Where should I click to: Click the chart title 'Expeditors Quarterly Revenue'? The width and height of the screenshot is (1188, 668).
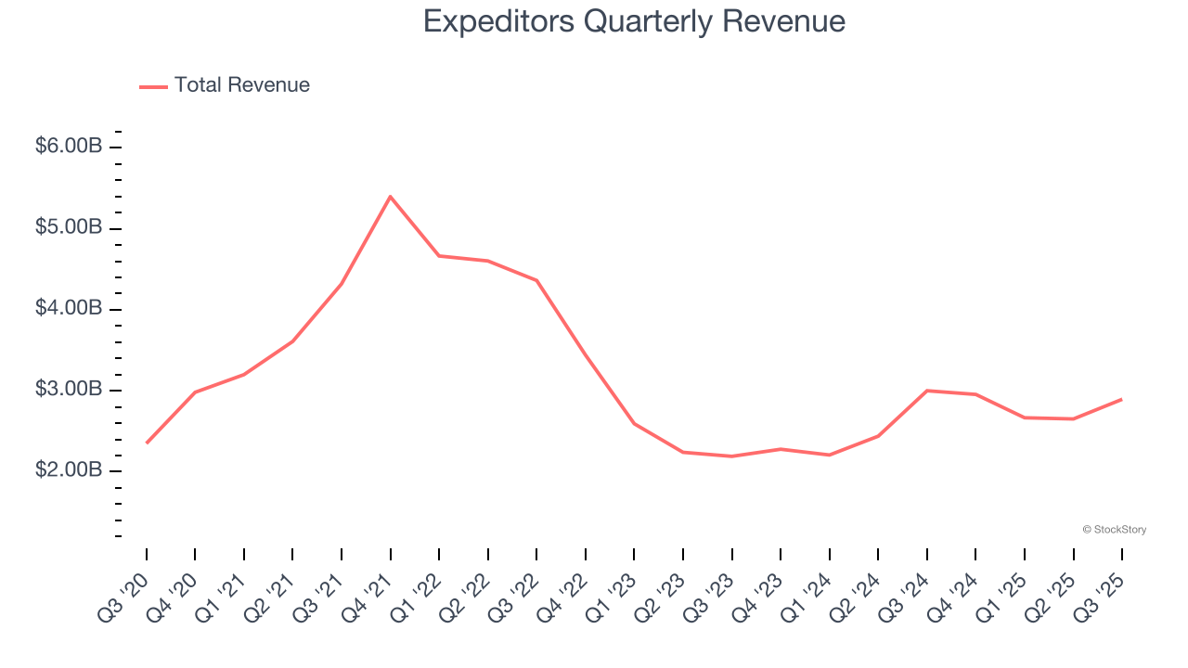[x=634, y=21]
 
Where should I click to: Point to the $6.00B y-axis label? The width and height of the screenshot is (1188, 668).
[x=69, y=147]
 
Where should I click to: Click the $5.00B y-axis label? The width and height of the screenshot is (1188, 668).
[x=69, y=227]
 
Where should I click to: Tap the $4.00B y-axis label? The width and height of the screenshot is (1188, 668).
[x=69, y=308]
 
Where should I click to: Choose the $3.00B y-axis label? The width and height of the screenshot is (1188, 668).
[x=69, y=390]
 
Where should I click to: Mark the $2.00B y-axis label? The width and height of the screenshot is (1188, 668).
[x=69, y=470]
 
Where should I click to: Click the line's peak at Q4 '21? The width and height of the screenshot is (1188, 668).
[x=390, y=197]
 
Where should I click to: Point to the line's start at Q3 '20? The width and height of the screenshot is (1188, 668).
[x=147, y=443]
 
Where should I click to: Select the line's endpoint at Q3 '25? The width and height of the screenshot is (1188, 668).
[x=1121, y=399]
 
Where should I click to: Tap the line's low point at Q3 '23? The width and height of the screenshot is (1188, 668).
[x=731, y=456]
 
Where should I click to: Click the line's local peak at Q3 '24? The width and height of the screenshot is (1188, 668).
[x=926, y=391]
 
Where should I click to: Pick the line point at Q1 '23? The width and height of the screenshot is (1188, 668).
[x=634, y=423]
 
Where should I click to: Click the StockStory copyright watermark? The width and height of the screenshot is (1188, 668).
[x=1114, y=530]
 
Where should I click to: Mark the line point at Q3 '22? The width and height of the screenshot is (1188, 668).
[x=536, y=280]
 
